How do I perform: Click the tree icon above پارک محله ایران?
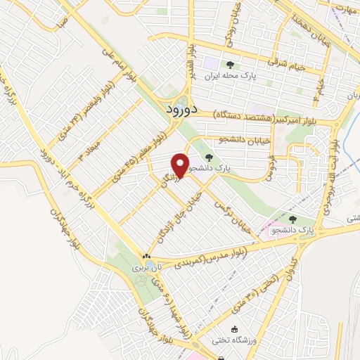coord(231,65)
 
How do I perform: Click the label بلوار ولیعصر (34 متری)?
coord(71,111)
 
